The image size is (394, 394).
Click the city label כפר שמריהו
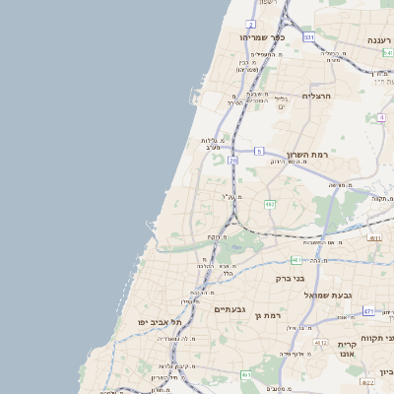(261, 37)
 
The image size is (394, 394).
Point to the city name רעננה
(378, 40)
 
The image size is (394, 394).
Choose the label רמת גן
(268, 315)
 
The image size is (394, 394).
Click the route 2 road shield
(251, 23)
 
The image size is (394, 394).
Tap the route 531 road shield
(308, 37)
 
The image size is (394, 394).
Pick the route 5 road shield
(258, 151)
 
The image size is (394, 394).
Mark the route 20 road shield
(232, 160)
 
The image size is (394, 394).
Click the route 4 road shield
(380, 117)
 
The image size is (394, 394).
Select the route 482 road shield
(270, 205)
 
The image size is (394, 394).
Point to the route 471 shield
(367, 311)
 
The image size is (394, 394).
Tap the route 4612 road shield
(320, 342)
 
